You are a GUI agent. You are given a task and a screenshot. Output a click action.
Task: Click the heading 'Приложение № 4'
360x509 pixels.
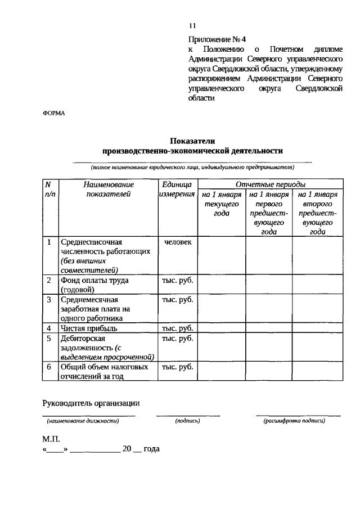[x=217, y=39]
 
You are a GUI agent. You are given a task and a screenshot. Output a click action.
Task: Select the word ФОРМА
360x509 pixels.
[x=54, y=112]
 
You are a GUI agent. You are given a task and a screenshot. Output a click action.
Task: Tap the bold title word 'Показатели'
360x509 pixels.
[x=192, y=141]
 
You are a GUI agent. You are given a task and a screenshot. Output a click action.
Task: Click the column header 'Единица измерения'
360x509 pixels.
[x=177, y=189]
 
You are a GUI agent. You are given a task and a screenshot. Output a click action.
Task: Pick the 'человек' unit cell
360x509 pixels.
[x=177, y=242]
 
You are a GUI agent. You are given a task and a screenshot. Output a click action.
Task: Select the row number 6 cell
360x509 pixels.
[x=49, y=367]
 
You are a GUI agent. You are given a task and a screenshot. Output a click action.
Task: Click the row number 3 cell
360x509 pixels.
[x=49, y=299]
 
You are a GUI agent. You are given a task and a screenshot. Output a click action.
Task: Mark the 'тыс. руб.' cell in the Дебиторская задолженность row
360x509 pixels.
[x=177, y=339]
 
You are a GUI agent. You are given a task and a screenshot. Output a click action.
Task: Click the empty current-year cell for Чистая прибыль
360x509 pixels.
[x=222, y=328]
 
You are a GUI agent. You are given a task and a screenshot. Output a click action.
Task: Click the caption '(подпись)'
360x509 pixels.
[x=188, y=420]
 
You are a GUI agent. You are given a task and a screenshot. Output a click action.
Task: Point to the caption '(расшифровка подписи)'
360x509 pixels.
[x=298, y=420]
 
